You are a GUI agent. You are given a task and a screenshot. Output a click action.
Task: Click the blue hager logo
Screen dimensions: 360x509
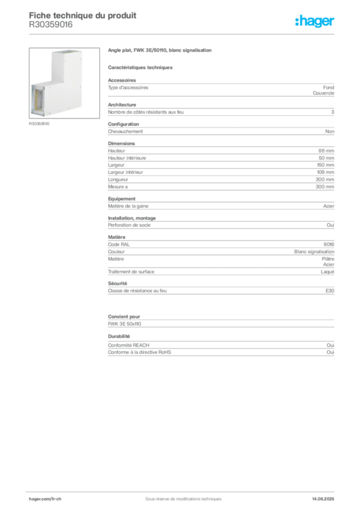point(316,21)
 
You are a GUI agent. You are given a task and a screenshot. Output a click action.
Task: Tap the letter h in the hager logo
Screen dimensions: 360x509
point(298,21)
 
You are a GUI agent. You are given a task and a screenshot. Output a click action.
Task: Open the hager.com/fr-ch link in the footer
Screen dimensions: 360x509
point(44,498)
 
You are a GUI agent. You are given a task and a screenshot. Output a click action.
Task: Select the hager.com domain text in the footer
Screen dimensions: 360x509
point(38,498)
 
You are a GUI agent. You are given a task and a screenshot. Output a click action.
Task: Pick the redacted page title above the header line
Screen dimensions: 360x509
point(84,15)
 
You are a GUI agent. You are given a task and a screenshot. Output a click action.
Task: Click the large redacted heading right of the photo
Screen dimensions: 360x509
point(161,51)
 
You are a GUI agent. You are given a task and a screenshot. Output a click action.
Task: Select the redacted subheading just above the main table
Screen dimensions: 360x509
point(141,68)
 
